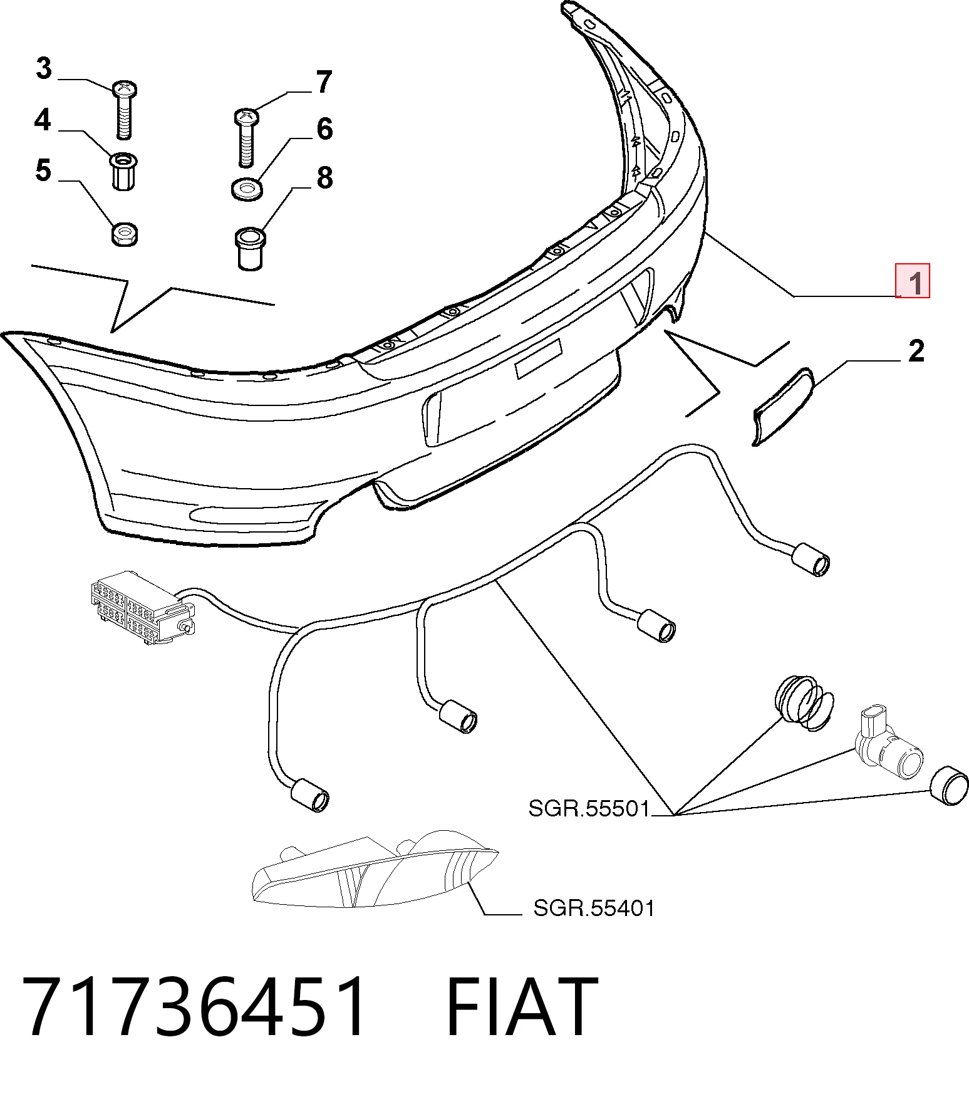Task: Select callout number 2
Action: click(916, 352)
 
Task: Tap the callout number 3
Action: click(43, 68)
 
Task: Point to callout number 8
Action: click(324, 177)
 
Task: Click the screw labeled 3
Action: click(124, 110)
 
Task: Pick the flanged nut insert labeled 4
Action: click(125, 171)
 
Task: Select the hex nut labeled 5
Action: click(124, 235)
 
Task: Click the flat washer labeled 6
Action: click(247, 190)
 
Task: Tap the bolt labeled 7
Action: click(246, 138)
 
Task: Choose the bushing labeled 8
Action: click(250, 249)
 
